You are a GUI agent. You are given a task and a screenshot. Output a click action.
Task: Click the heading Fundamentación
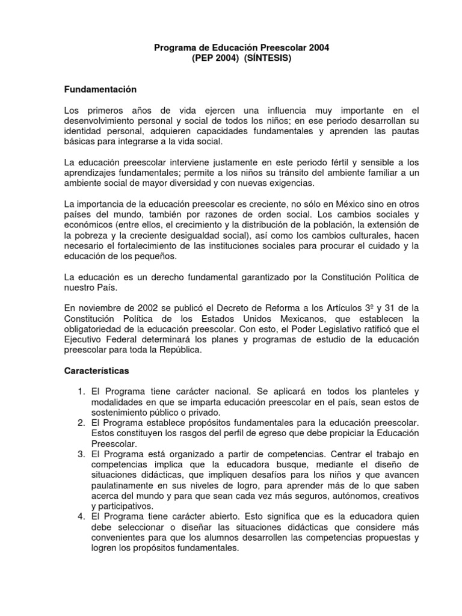pyautogui.click(x=101, y=90)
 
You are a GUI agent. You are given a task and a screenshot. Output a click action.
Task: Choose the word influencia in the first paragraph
pyautogui.click(x=270, y=110)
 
